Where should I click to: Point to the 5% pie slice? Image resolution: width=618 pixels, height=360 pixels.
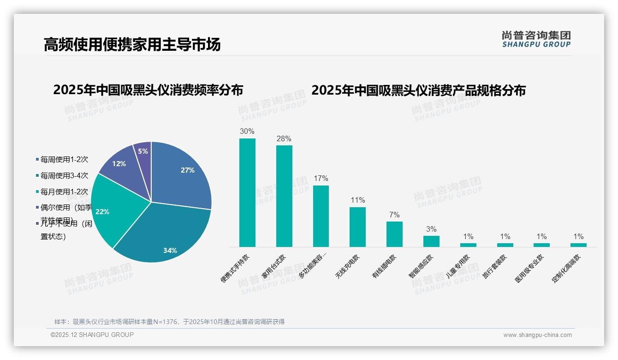point(143,151)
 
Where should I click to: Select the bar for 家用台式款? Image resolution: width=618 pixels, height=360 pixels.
point(284,196)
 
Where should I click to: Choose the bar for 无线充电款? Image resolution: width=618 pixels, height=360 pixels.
point(357,227)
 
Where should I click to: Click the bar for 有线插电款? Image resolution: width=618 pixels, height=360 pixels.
point(394,234)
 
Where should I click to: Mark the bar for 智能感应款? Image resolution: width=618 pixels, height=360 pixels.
point(431,241)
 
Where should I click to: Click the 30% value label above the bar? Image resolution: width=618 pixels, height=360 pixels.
point(247,132)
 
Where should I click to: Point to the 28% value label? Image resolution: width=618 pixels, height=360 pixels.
point(284,139)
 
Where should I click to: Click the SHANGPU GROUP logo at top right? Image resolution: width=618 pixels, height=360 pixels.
point(536,39)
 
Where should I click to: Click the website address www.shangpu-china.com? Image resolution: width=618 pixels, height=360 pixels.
point(537,335)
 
